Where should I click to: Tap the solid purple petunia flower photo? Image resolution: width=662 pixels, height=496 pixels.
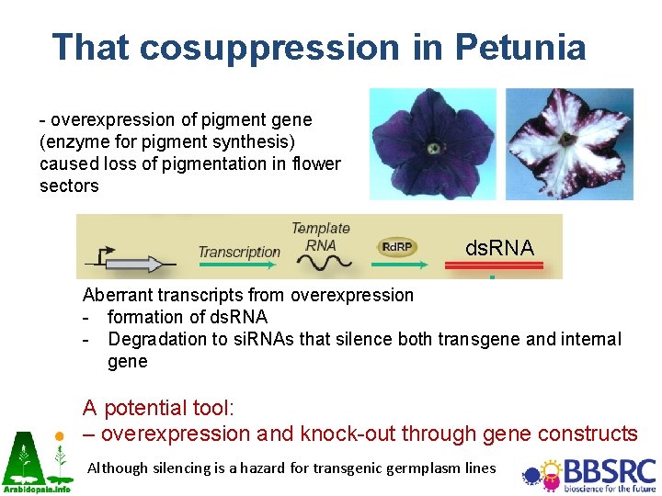coord(432,144)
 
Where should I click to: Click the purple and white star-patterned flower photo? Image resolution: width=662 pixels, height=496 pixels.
coord(569,144)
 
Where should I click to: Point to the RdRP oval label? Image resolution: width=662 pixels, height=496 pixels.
coord(397,247)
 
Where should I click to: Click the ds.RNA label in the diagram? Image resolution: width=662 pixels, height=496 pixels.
coord(499,248)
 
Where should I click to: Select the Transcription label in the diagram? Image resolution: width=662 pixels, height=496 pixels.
coord(239,252)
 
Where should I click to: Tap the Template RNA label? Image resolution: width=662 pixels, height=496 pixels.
coord(321,236)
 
